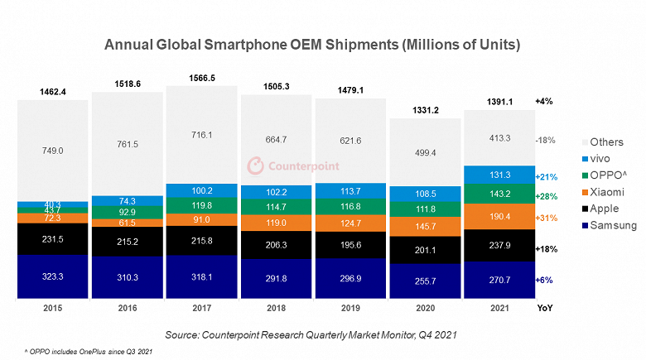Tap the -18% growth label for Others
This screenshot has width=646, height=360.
(545, 141)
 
